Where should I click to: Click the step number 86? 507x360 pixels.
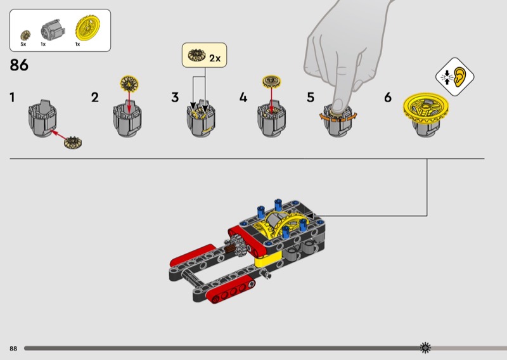click(19, 65)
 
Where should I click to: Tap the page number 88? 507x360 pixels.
click(13, 349)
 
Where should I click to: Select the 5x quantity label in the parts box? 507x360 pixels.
click(23, 44)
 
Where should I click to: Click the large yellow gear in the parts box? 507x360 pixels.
click(88, 29)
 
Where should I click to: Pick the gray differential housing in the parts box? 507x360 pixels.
click(53, 30)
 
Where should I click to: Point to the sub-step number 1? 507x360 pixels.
click(12, 97)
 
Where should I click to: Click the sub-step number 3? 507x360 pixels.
click(175, 97)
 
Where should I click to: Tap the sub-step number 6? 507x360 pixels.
click(388, 97)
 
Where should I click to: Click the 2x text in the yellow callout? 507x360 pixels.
click(215, 58)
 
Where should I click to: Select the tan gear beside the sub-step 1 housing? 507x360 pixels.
click(73, 143)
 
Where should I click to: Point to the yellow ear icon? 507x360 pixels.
click(459, 77)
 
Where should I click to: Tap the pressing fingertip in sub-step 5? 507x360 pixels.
click(338, 106)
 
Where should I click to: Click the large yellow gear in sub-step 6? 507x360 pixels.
click(426, 108)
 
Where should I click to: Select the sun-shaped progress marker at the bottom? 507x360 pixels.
click(425, 348)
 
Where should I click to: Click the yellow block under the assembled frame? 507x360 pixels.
click(267, 258)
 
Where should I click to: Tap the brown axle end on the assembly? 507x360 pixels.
click(229, 249)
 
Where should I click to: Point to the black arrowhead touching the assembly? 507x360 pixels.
click(310, 215)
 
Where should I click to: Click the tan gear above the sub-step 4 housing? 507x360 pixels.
click(272, 82)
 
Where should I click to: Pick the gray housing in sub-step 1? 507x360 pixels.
click(42, 119)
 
